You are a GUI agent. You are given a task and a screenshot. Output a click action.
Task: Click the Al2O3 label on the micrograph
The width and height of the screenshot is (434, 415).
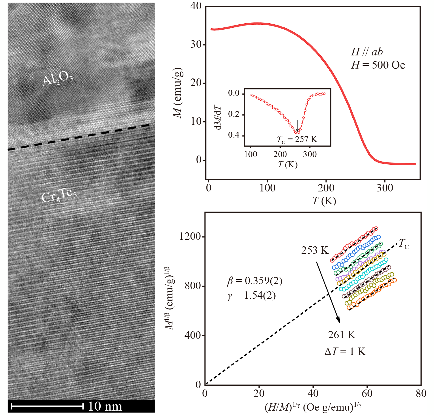58,79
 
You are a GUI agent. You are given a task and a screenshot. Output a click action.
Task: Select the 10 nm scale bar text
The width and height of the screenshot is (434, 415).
105,406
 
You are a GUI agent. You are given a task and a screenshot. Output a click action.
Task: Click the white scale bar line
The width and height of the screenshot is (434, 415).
47,406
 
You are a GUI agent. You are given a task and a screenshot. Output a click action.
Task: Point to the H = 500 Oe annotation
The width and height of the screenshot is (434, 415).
378,65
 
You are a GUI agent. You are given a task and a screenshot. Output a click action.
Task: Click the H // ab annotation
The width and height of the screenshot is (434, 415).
367,52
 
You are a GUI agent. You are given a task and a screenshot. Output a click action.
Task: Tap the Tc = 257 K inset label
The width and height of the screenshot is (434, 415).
297,140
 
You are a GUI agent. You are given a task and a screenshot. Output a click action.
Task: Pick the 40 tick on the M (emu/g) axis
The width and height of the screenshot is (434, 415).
196,6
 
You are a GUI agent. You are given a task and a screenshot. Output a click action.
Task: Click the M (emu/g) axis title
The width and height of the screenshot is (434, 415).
178,92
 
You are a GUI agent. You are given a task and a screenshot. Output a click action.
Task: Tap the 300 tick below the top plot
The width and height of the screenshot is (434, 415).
385,188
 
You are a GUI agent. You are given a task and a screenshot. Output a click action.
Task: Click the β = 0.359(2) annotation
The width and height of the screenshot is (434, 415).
255,281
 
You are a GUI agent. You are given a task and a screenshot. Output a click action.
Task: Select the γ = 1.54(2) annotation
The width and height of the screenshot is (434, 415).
251,295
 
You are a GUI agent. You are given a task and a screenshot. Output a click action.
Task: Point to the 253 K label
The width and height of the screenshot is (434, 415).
315,250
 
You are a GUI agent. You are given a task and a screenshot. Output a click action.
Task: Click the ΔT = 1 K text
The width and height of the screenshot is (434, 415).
345,351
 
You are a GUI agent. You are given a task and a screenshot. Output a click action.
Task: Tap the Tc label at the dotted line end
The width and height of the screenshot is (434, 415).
404,244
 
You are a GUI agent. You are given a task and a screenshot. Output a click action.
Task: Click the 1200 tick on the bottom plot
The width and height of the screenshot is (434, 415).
190,236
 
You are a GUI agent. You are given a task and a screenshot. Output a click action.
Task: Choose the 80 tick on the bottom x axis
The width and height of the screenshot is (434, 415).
421,394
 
